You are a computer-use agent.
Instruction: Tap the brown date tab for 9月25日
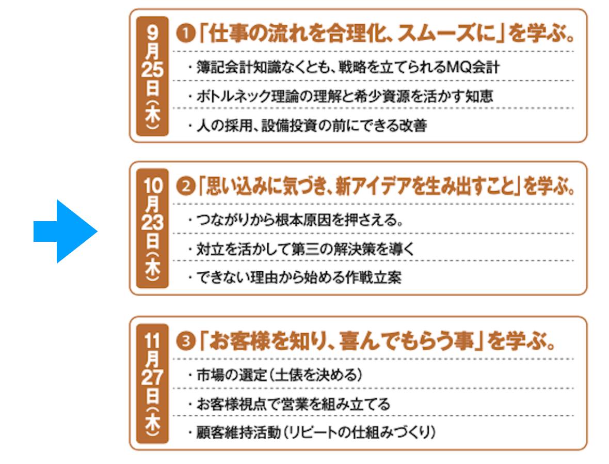point(152,75)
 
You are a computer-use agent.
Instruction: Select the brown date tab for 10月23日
point(152,228)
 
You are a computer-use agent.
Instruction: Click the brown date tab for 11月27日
point(152,383)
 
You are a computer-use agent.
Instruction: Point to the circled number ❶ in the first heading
point(183,35)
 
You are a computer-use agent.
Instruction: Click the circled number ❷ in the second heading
point(183,188)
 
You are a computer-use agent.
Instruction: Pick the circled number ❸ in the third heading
point(183,342)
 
